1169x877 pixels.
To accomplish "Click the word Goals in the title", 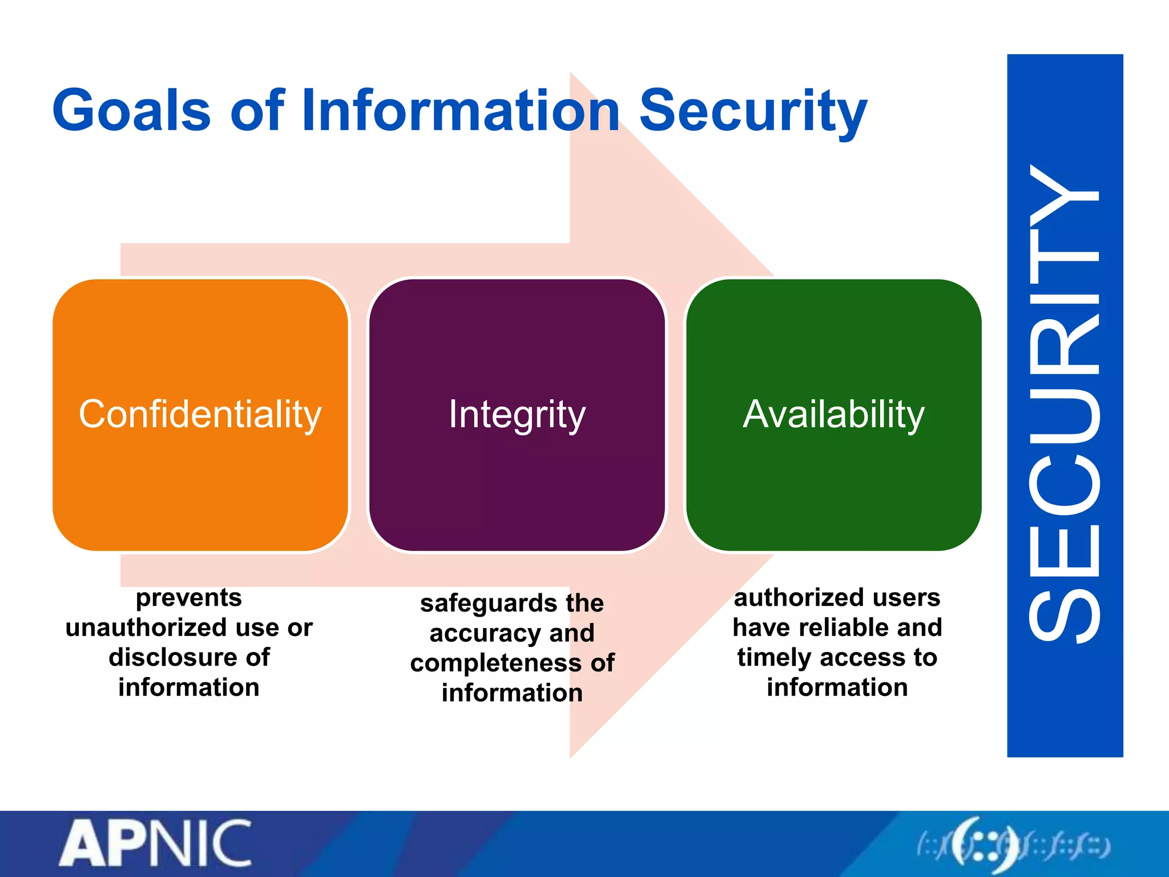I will (x=132, y=110).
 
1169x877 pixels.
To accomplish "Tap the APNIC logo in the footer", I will (x=155, y=843).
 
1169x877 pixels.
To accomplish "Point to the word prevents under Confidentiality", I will (x=189, y=598).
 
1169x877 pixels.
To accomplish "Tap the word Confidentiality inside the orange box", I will (x=200, y=414).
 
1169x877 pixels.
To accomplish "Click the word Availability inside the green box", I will (x=833, y=414).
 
